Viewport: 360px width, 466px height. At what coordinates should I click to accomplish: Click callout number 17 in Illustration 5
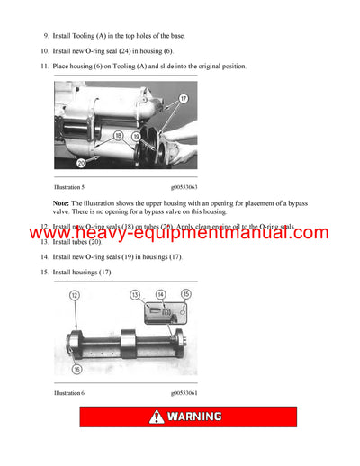[183, 98]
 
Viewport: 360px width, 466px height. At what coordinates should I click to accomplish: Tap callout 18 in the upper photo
[119, 134]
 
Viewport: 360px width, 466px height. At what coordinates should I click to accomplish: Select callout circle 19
[137, 136]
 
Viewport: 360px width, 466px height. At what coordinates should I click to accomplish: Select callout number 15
[186, 294]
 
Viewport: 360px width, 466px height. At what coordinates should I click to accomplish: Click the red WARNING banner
[187, 417]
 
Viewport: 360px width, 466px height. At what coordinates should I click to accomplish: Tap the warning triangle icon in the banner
[157, 417]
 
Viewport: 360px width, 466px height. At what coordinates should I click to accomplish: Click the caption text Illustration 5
[69, 186]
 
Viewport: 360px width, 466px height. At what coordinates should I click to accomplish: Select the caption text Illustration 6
[69, 393]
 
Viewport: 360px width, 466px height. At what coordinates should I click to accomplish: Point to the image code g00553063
[184, 186]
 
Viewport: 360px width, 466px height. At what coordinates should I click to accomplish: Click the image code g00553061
[184, 393]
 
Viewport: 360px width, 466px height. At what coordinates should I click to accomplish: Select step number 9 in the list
[46, 35]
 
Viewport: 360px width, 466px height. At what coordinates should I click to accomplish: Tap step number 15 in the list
[45, 272]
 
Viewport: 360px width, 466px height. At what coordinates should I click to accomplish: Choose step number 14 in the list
[45, 257]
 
